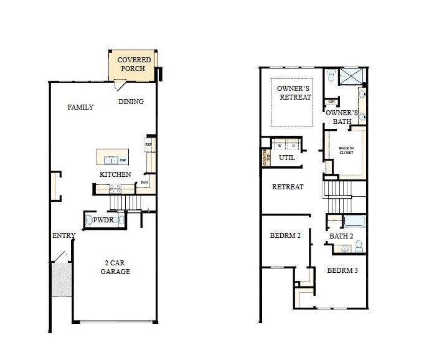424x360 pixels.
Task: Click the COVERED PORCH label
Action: (x=134, y=64)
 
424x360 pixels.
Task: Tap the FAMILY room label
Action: (x=80, y=107)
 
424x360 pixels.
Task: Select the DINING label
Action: (x=131, y=102)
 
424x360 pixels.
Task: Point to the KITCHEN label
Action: (x=115, y=174)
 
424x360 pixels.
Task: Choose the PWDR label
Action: (x=103, y=220)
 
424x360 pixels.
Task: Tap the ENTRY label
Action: (x=64, y=235)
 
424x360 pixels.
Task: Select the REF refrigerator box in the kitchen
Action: (x=148, y=144)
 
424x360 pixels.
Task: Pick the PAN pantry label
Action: (x=144, y=182)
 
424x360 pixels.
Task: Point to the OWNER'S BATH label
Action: (x=342, y=117)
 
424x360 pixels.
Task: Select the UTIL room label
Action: (x=286, y=158)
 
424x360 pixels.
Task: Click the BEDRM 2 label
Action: (x=285, y=236)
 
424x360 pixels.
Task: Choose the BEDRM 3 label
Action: (x=342, y=270)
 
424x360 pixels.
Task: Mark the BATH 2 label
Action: (x=342, y=236)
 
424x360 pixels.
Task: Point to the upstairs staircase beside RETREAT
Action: (x=337, y=197)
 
